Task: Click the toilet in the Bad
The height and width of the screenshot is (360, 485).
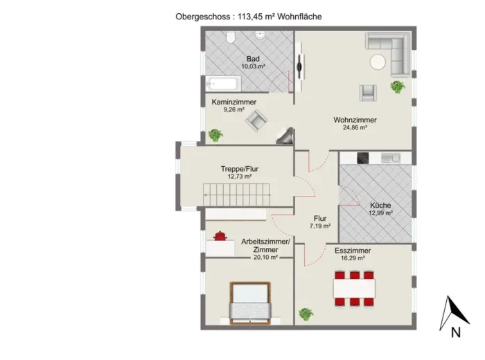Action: (231, 37)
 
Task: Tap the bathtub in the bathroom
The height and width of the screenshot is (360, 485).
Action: (223, 84)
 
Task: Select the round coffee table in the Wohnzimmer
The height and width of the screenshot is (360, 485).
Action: (378, 62)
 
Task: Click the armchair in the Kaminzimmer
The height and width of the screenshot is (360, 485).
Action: (256, 120)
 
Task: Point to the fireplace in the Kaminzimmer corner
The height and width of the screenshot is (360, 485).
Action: (285, 136)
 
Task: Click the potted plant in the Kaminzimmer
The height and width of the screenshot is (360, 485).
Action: (215, 135)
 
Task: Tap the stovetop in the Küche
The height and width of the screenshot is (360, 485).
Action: (363, 158)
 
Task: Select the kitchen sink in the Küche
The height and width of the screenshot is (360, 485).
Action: (391, 158)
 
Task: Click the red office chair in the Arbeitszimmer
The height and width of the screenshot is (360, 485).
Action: (220, 236)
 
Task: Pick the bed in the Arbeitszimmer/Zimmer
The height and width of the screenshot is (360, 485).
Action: (250, 303)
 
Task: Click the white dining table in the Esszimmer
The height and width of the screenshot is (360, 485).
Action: (354, 288)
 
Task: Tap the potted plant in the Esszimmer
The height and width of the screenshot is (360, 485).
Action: (306, 314)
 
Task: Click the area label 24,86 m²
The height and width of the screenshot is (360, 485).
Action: (355, 127)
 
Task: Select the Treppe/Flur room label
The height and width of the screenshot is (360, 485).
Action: (240, 169)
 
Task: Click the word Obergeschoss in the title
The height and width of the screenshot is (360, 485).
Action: (203, 17)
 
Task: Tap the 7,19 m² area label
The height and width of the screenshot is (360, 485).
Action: (320, 226)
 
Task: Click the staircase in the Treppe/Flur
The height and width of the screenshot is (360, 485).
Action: (236, 195)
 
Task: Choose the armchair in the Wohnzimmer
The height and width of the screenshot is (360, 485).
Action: (368, 93)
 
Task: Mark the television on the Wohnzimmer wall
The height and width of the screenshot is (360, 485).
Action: (299, 66)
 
